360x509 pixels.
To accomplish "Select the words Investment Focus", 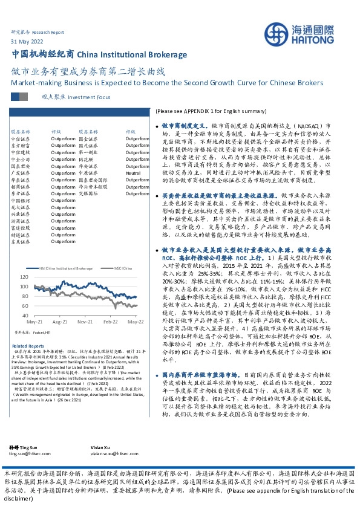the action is (90, 97).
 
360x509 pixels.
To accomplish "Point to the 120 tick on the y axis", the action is (41, 276).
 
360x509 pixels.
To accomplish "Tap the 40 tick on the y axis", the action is (42, 316).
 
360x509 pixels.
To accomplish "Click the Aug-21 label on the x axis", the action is (60, 322).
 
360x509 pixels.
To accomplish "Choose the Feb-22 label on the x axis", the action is (110, 322).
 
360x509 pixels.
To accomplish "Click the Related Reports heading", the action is (28, 346).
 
